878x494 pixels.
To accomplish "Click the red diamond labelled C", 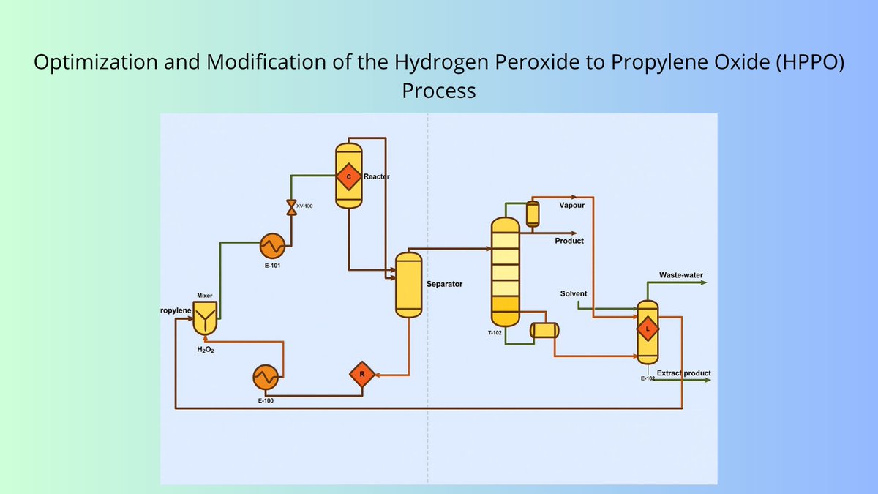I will click(x=349, y=176).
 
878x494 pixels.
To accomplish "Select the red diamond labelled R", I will click(x=361, y=375).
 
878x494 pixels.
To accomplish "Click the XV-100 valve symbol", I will click(x=291, y=206).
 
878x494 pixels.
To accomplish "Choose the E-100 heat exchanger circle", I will click(x=265, y=378).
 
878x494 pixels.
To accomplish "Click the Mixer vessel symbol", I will click(x=205, y=319).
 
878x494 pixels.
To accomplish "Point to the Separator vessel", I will click(x=409, y=285).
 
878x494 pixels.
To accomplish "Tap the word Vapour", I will click(x=571, y=206).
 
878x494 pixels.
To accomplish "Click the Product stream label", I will click(x=569, y=241).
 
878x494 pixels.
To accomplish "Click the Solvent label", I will click(x=574, y=293).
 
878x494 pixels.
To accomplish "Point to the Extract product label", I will click(x=683, y=373).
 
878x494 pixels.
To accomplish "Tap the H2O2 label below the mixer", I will click(x=205, y=350).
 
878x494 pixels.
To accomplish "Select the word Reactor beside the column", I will click(x=376, y=176).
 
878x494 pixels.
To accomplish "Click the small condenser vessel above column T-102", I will click(x=532, y=214).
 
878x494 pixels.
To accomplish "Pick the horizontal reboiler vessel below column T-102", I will click(x=544, y=330).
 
